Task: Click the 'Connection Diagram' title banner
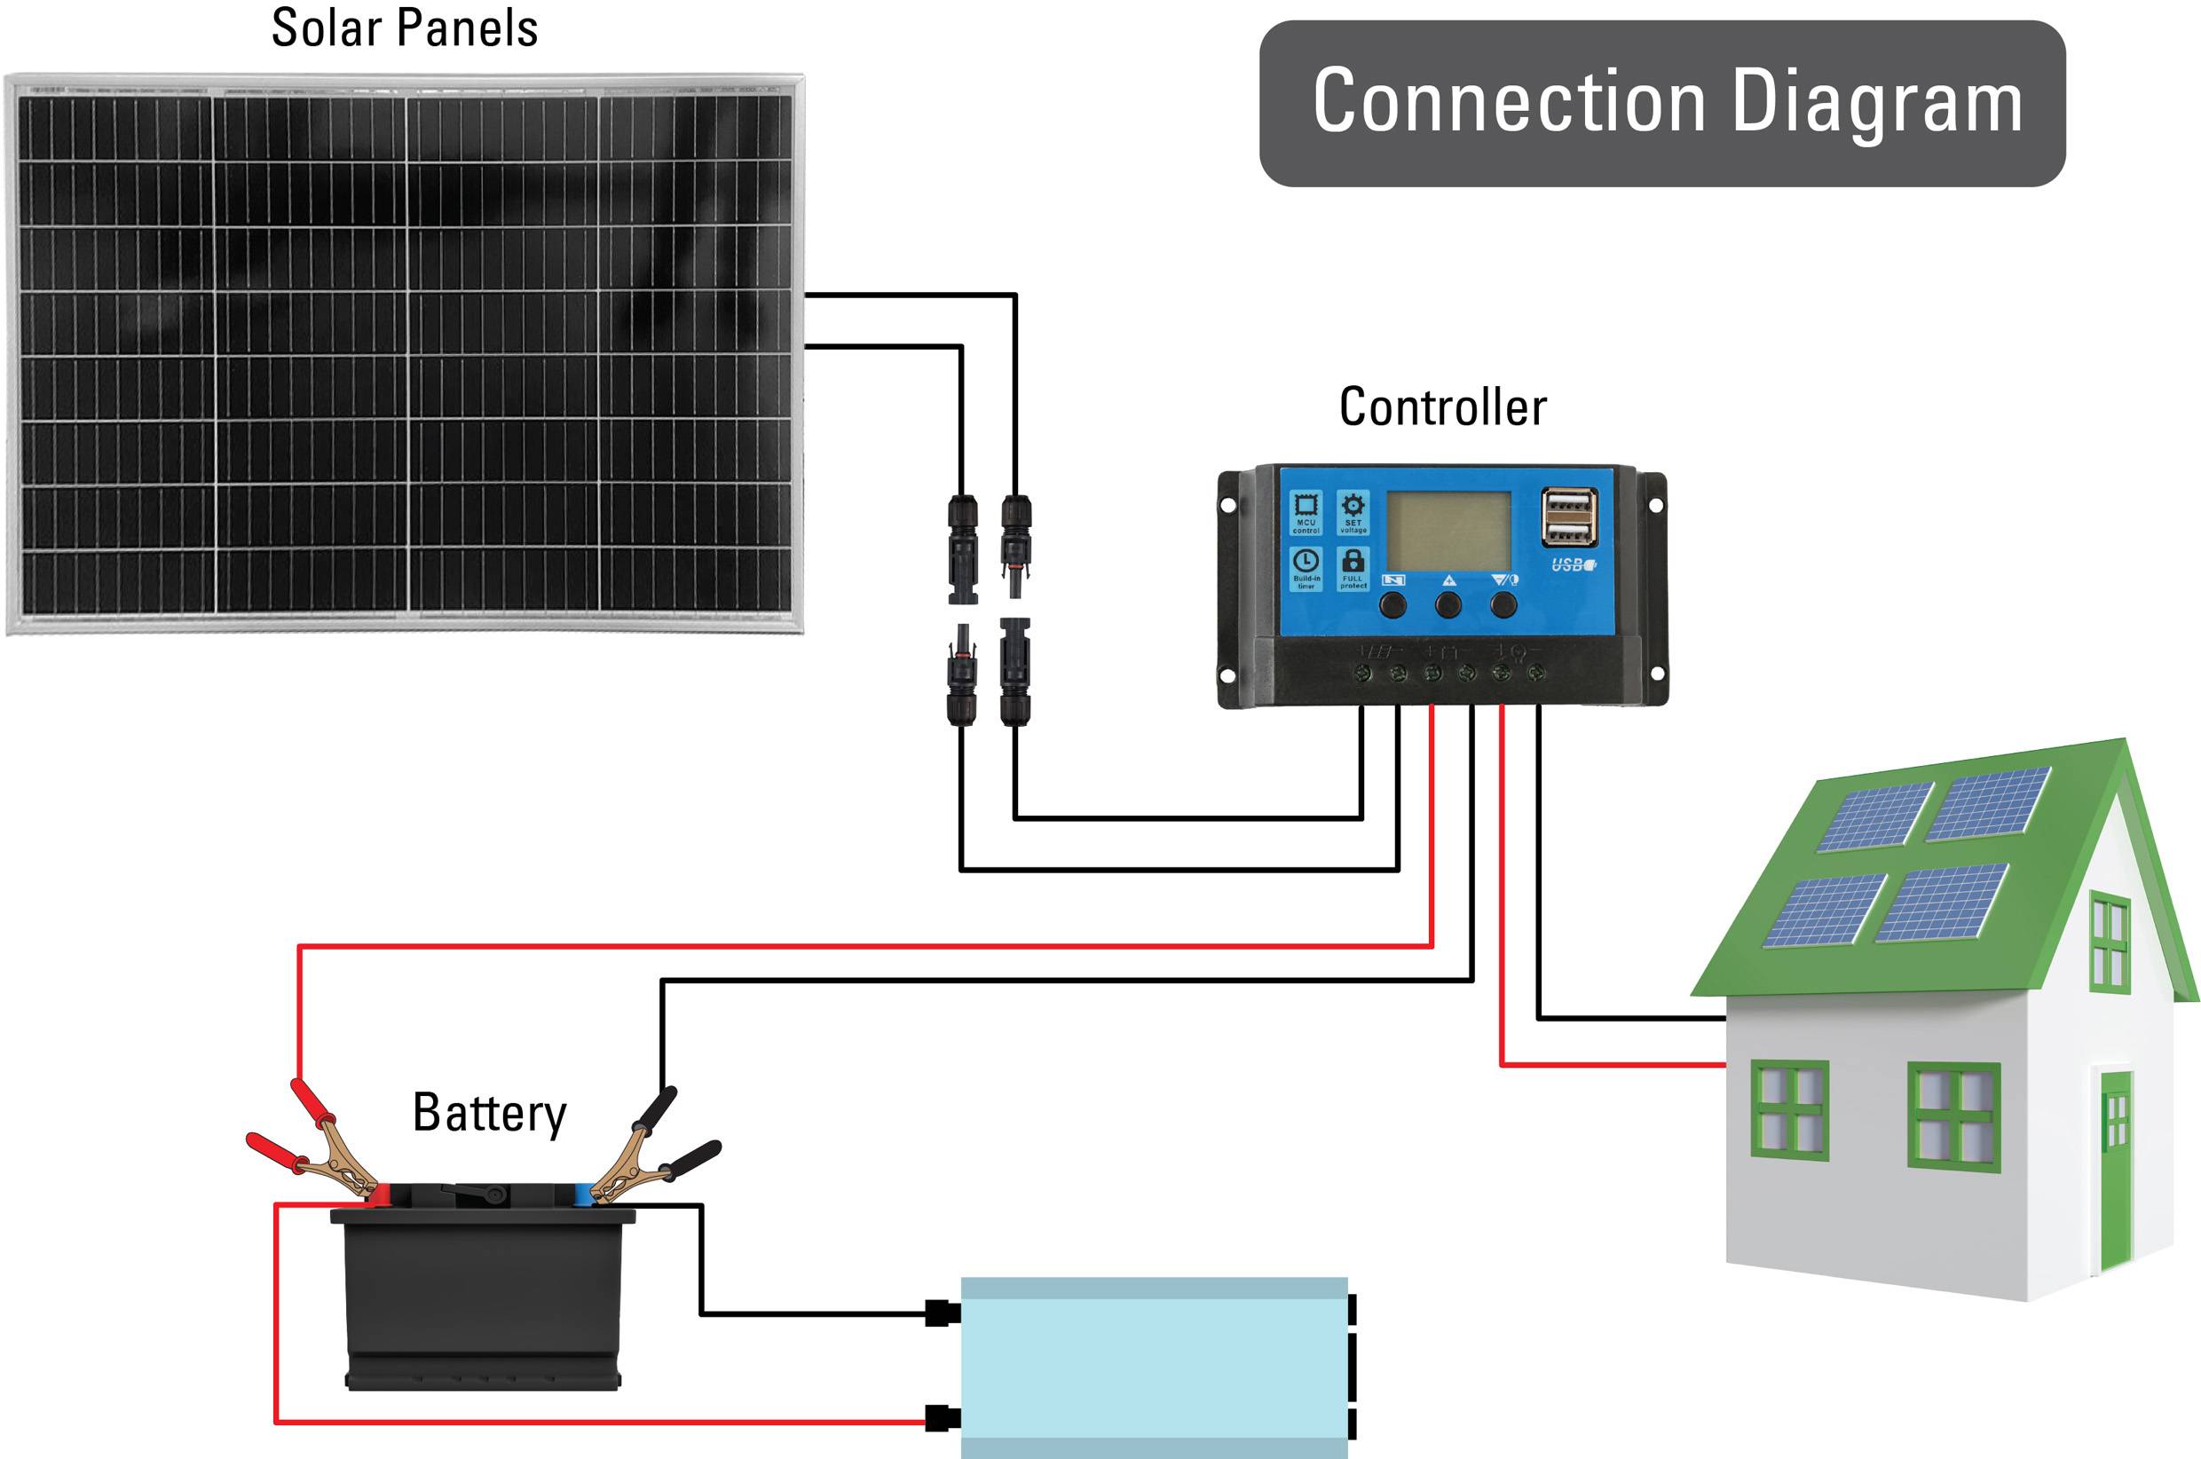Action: click(x=1661, y=103)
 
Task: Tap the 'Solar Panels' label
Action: click(x=404, y=28)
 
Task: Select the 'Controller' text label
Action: click(x=1442, y=407)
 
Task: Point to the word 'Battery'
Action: click(x=489, y=1113)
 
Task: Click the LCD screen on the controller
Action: click(x=1448, y=532)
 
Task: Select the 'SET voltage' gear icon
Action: click(x=1353, y=507)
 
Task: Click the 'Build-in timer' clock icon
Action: click(x=1306, y=562)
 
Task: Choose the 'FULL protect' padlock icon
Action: click(x=1353, y=562)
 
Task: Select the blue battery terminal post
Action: click(x=583, y=1195)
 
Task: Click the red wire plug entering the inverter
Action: click(x=943, y=1419)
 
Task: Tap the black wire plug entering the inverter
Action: click(x=943, y=1313)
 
